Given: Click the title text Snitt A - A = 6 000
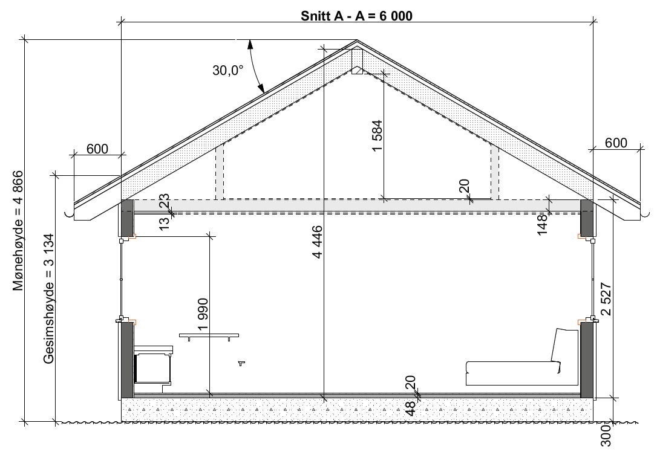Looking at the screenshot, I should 356,16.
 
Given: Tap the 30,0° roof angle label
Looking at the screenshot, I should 227,70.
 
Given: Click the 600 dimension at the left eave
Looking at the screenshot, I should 97,149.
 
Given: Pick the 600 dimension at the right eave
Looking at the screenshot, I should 616,143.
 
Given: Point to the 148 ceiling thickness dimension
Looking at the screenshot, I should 541,224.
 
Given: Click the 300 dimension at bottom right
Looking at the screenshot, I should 607,435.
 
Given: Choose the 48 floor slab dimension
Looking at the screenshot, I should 411,409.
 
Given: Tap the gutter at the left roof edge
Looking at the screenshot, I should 71,213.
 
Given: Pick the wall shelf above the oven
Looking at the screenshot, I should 209,335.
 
